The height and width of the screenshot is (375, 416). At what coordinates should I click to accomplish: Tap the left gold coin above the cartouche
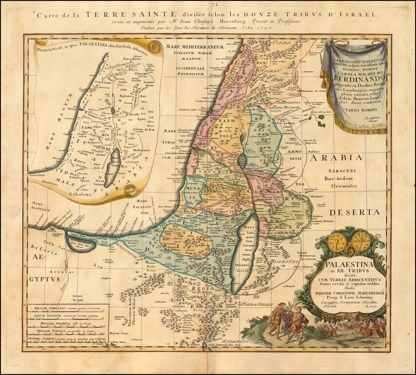337,242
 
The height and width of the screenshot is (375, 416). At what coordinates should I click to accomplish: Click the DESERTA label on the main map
353,212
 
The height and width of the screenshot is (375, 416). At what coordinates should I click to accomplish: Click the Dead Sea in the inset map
114,167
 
